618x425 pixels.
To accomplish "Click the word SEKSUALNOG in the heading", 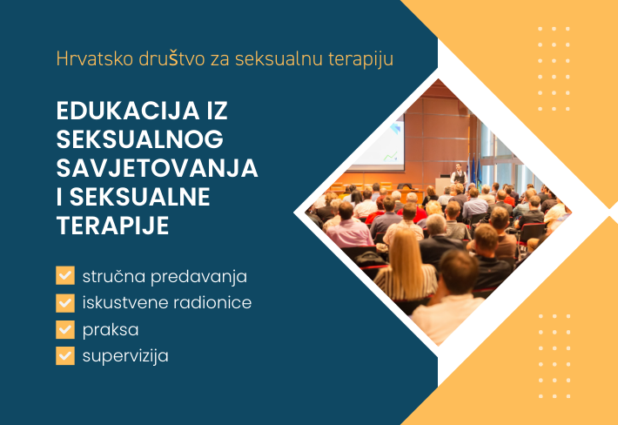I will point(139,140).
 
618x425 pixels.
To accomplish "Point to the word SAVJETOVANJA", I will point(157,168).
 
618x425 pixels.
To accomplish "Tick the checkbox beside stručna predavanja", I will point(65,276).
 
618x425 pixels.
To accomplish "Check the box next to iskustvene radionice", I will point(65,303).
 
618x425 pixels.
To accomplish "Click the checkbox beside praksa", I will point(65,329).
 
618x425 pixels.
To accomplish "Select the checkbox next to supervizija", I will point(65,355).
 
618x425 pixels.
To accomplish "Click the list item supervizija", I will point(125,356).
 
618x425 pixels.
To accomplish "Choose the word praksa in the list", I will point(111,330).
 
